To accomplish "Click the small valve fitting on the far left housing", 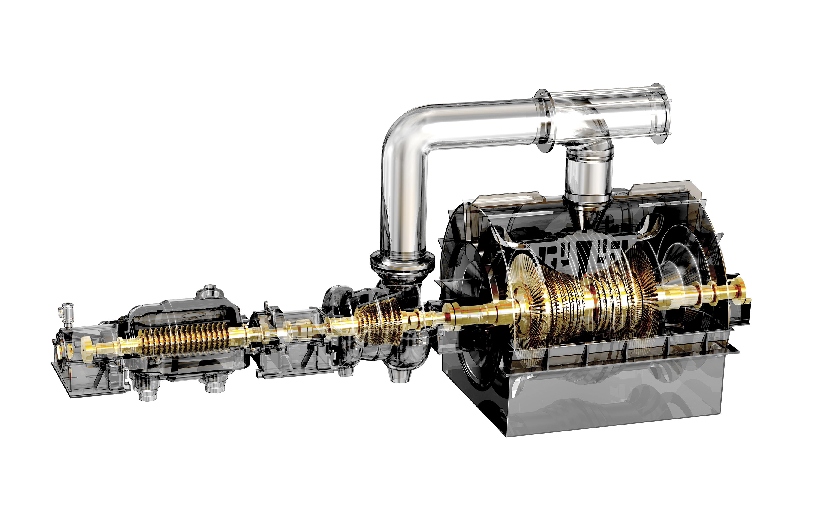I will [67, 315].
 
